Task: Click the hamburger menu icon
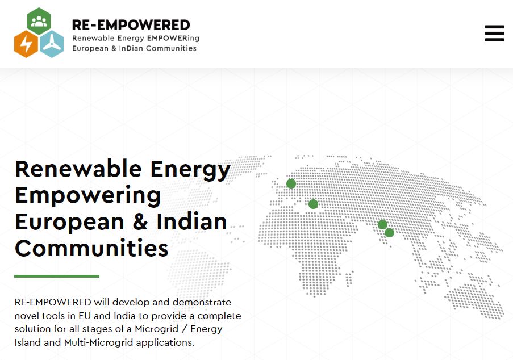[494, 34]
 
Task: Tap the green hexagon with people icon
[39, 21]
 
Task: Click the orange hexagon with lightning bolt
[26, 44]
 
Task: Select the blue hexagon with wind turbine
[52, 44]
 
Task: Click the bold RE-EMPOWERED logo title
[131, 25]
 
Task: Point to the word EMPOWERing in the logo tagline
[173, 38]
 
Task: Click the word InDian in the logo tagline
[131, 48]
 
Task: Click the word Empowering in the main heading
[87, 195]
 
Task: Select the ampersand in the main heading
[140, 221]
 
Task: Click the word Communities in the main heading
[91, 248]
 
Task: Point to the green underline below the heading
[57, 277]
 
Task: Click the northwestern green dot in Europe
[291, 183]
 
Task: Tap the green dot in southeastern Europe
[313, 204]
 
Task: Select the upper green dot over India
[382, 225]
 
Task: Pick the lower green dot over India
[389, 233]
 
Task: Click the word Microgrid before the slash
[156, 329]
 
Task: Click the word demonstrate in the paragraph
[202, 302]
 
